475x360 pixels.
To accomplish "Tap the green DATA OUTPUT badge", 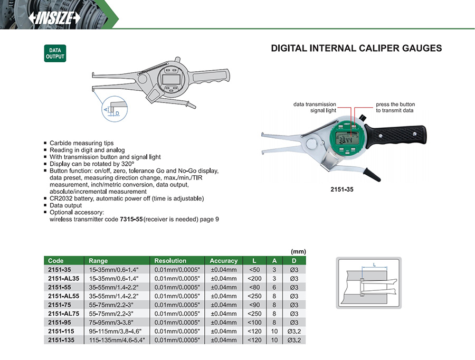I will pos(54,54).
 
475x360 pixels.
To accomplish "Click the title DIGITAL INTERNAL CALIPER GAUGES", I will pos(356,49).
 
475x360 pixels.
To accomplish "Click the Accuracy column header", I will pos(224,261).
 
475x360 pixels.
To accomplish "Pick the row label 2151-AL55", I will pos(63,296).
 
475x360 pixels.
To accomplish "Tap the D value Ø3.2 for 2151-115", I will pos(294,331).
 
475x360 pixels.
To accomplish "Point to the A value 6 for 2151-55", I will pos(274,287).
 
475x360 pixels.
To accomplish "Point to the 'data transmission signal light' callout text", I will pos(315,108).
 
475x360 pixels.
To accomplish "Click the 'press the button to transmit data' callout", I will pos(395,108).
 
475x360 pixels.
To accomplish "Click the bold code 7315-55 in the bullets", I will pos(130,219).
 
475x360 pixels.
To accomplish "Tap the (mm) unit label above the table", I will pos(298,251).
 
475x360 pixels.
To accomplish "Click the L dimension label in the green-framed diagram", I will pos(374,264).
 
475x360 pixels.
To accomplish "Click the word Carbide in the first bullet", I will pos(60,143).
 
